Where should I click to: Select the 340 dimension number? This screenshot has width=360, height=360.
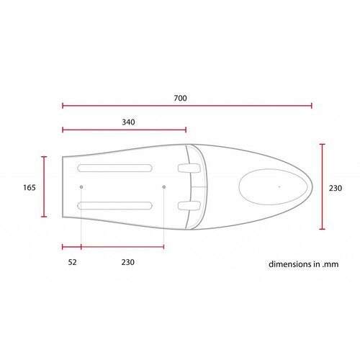click(129, 122)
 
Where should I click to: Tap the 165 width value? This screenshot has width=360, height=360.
click(30, 187)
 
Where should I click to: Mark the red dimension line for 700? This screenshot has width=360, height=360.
click(187, 106)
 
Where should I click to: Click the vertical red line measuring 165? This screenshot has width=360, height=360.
click(45, 186)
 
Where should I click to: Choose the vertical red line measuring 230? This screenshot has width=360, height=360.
click(322, 186)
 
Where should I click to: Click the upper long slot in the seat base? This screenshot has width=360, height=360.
click(115, 168)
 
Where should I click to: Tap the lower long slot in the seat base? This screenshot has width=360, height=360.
click(115, 206)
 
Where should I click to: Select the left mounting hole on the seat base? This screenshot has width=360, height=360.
click(81, 187)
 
